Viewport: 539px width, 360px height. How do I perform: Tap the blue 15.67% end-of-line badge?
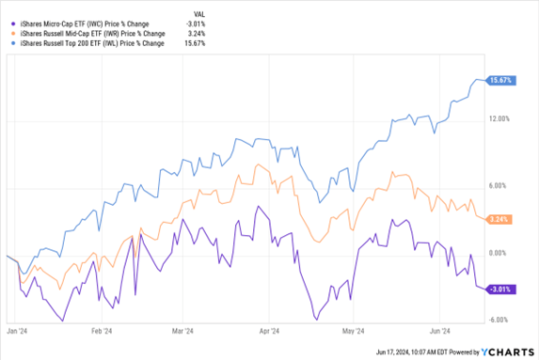pyautogui.click(x=501, y=81)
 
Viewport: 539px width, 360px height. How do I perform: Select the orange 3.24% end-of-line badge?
pyautogui.click(x=501, y=219)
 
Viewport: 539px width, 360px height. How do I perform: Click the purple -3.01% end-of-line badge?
pyautogui.click(x=500, y=289)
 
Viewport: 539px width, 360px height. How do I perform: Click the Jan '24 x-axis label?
pyautogui.click(x=16, y=331)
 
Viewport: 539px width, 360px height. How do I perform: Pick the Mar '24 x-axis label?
pyautogui.click(x=182, y=331)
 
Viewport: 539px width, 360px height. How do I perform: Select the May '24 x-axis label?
pyautogui.click(x=354, y=331)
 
